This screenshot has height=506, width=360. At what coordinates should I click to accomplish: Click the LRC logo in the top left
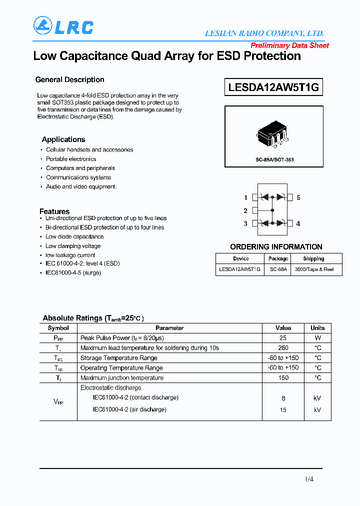click(63, 26)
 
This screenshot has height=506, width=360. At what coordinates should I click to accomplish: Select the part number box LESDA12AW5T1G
click(273, 87)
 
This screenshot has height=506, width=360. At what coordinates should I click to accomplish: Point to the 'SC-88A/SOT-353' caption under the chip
click(273, 159)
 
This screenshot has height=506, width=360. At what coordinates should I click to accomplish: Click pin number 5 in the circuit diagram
click(298, 197)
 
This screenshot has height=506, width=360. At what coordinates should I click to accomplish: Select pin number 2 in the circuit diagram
click(245, 210)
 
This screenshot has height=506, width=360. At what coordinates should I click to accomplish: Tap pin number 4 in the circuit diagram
click(298, 223)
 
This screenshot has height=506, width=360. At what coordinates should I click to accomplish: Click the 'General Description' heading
click(69, 79)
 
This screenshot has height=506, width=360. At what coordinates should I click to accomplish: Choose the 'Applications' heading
click(63, 139)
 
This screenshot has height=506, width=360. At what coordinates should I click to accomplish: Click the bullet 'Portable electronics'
click(71, 159)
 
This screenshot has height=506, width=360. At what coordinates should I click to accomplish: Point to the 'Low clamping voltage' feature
click(73, 246)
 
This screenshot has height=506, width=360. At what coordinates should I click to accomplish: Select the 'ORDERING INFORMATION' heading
click(276, 247)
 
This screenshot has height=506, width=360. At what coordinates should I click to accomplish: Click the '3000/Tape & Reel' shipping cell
click(314, 269)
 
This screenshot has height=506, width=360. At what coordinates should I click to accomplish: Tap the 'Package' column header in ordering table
click(278, 258)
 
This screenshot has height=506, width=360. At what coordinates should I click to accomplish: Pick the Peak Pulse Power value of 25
click(283, 338)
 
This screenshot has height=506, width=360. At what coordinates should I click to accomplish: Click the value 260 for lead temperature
click(283, 348)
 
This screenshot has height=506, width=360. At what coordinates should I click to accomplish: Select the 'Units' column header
click(317, 328)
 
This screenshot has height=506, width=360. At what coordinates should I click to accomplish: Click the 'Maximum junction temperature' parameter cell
click(122, 378)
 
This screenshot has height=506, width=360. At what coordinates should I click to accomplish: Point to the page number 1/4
click(309, 479)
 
